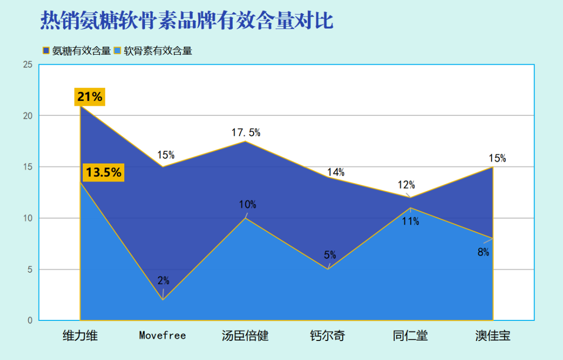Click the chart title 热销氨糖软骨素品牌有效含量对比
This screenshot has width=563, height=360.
(x=186, y=20)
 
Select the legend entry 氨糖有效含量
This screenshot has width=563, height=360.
(x=77, y=51)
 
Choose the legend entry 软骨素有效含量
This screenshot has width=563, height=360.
(x=153, y=51)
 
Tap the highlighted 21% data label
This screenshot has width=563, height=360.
(x=90, y=97)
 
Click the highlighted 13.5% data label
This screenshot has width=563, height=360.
(x=103, y=172)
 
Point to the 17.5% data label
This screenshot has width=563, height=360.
(x=246, y=132)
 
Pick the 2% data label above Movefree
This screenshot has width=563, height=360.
(x=163, y=280)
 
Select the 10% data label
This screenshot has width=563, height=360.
(x=247, y=205)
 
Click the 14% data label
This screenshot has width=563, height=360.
(x=336, y=172)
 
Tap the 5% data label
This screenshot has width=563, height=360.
(x=330, y=255)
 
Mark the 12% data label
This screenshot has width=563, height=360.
(x=406, y=185)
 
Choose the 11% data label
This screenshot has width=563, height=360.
(x=411, y=221)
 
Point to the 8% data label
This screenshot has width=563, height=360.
(x=483, y=252)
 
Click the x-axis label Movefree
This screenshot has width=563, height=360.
(x=162, y=335)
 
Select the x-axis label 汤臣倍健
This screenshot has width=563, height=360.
(x=245, y=335)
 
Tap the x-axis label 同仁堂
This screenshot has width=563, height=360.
(x=411, y=335)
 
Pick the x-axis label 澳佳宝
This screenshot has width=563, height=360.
(x=493, y=335)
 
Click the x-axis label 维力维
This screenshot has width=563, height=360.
(x=80, y=335)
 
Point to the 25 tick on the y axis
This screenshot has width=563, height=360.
(x=28, y=65)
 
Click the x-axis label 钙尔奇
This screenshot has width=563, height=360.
(x=328, y=335)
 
